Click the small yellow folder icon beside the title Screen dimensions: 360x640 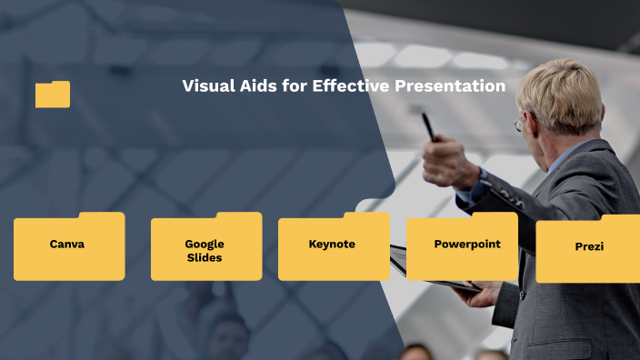(x=53, y=95)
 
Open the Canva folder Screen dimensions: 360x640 (x=69, y=246)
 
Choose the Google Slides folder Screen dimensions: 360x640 (x=205, y=247)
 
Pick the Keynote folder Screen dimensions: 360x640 (x=333, y=246)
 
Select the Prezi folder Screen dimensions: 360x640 (x=588, y=248)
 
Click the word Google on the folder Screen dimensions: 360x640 (x=205, y=244)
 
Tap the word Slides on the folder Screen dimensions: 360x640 (x=205, y=257)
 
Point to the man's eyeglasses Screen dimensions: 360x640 (x=520, y=122)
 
